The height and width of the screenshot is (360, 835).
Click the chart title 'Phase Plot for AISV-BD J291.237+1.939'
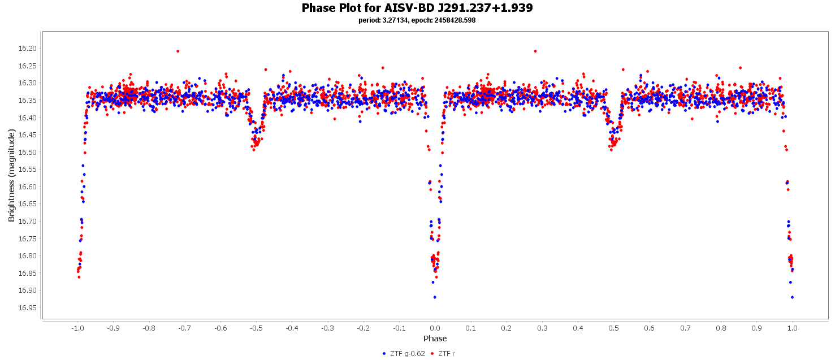(417, 8)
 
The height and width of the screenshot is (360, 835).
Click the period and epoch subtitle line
(417, 20)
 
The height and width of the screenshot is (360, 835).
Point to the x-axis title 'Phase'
(435, 339)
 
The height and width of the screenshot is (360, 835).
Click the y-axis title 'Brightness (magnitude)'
(11, 175)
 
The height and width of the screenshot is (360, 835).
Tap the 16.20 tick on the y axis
(28, 49)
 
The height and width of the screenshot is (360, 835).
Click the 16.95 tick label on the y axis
(28, 308)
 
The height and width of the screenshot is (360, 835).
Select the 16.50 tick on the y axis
(28, 153)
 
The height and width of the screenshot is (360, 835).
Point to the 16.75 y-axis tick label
(28, 239)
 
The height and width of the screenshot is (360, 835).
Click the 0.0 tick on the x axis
(435, 328)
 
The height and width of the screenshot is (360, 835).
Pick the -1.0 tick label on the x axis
(77, 328)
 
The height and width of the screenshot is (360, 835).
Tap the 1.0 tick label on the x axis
(793, 328)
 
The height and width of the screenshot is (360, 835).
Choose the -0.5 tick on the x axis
(256, 328)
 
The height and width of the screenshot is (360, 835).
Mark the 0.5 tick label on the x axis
(613, 328)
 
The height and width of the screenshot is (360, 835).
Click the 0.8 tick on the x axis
(721, 328)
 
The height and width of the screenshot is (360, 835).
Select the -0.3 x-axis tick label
(327, 328)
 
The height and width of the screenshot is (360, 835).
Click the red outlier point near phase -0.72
(178, 51)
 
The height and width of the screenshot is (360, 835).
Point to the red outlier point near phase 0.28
(535, 51)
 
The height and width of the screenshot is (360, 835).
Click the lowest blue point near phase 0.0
(435, 297)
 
